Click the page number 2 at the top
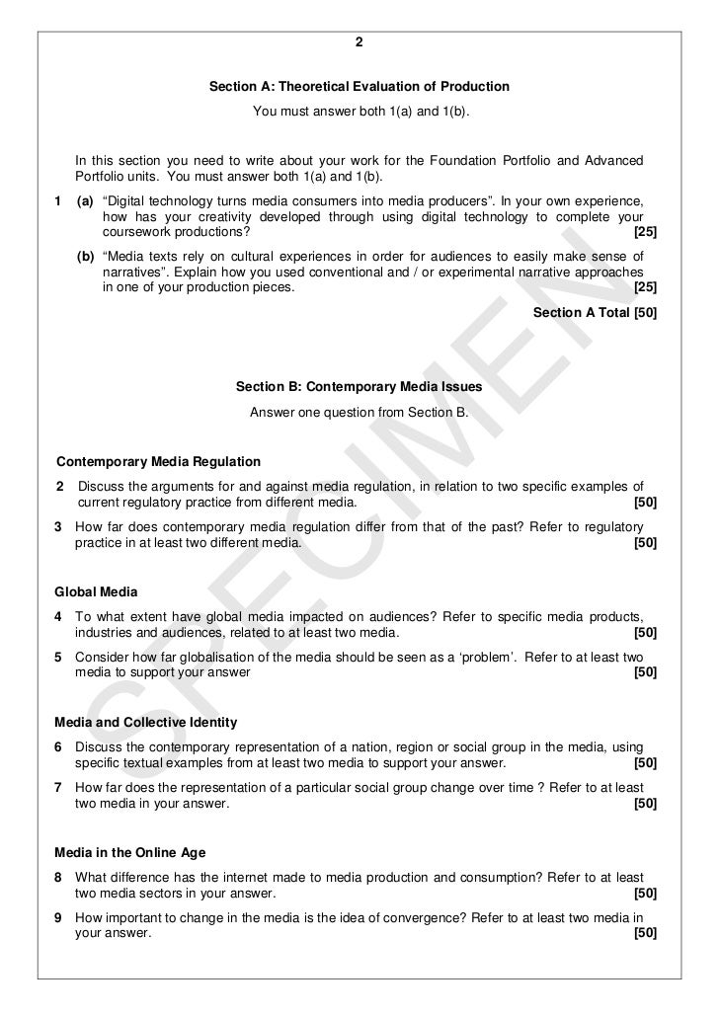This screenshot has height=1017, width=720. pos(360,42)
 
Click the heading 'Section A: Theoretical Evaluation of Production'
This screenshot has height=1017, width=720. pos(360,87)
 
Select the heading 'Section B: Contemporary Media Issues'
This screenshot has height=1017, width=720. pos(360,387)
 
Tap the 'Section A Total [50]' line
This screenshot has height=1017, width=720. pos(595,312)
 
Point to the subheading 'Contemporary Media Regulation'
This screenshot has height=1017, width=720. pos(158,461)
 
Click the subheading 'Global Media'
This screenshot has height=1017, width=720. pos(97,592)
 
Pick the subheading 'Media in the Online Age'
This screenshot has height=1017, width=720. pos(130,853)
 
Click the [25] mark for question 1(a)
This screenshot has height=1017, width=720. pos(644,233)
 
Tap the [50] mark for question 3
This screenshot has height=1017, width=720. pos(644,543)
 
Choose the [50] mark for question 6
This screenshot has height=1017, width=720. pos(644,764)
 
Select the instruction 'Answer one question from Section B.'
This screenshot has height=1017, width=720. pos(360,411)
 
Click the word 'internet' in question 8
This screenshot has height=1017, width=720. pos(274,878)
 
